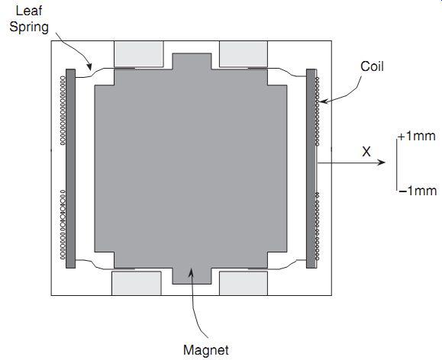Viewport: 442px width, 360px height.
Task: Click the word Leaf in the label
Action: click(29, 11)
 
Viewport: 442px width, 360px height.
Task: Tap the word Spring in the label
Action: click(29, 27)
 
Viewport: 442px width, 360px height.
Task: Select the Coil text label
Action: click(372, 66)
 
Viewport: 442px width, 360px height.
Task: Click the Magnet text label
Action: click(206, 350)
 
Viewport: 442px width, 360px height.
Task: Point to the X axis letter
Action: click(366, 152)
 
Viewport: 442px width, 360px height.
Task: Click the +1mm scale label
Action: click(417, 136)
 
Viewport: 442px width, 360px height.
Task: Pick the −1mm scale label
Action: click(418, 191)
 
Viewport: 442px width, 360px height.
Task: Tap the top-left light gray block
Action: click(139, 54)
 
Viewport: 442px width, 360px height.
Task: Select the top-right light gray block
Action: click(244, 54)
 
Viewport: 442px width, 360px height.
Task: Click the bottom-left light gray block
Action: click(137, 283)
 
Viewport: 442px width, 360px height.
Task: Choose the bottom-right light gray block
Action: click(244, 283)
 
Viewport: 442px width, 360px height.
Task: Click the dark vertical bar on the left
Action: click(70, 169)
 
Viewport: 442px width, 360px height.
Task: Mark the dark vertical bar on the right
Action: click(311, 169)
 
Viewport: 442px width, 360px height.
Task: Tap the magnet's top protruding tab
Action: click(192, 61)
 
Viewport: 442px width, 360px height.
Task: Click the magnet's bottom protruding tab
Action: click(192, 276)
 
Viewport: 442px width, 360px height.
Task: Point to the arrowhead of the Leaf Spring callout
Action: click(89, 68)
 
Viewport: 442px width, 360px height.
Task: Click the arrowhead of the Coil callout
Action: click(323, 101)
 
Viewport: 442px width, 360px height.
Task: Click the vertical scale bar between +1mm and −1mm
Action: click(397, 165)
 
